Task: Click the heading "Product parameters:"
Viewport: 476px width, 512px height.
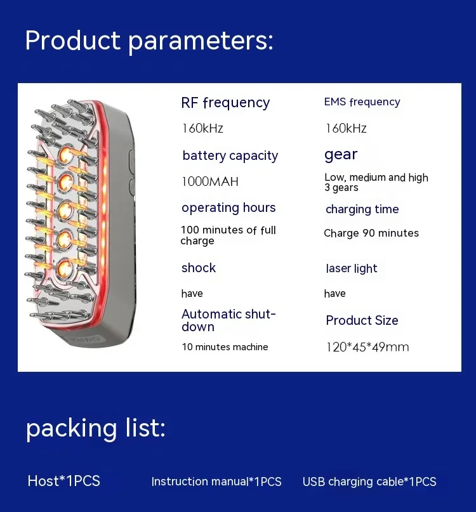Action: (149, 41)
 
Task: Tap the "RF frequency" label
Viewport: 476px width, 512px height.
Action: (225, 103)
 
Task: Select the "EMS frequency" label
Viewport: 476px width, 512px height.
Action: (362, 102)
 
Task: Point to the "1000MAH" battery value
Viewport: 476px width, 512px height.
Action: (209, 182)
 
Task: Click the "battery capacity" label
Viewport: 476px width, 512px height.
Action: (230, 156)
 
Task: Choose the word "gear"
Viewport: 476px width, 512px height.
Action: (341, 155)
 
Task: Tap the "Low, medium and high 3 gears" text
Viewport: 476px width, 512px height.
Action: (376, 182)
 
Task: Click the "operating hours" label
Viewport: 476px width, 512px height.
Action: (228, 208)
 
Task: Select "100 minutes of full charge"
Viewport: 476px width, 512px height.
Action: (228, 235)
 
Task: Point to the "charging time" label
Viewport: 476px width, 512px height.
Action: (362, 209)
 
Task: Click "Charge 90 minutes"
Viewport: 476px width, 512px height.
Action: (371, 233)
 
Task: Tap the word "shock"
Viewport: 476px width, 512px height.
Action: (199, 268)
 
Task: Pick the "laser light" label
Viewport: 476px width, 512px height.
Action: (351, 268)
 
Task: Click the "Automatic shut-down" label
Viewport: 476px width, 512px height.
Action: (228, 320)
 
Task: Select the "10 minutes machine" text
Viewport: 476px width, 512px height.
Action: (225, 347)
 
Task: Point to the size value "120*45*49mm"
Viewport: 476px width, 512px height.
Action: (367, 347)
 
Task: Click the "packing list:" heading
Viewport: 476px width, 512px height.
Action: (95, 429)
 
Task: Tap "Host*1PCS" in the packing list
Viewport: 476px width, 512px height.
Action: (63, 482)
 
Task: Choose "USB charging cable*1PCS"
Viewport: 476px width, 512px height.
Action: (369, 482)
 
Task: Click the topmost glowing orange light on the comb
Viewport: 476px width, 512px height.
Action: (65, 154)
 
